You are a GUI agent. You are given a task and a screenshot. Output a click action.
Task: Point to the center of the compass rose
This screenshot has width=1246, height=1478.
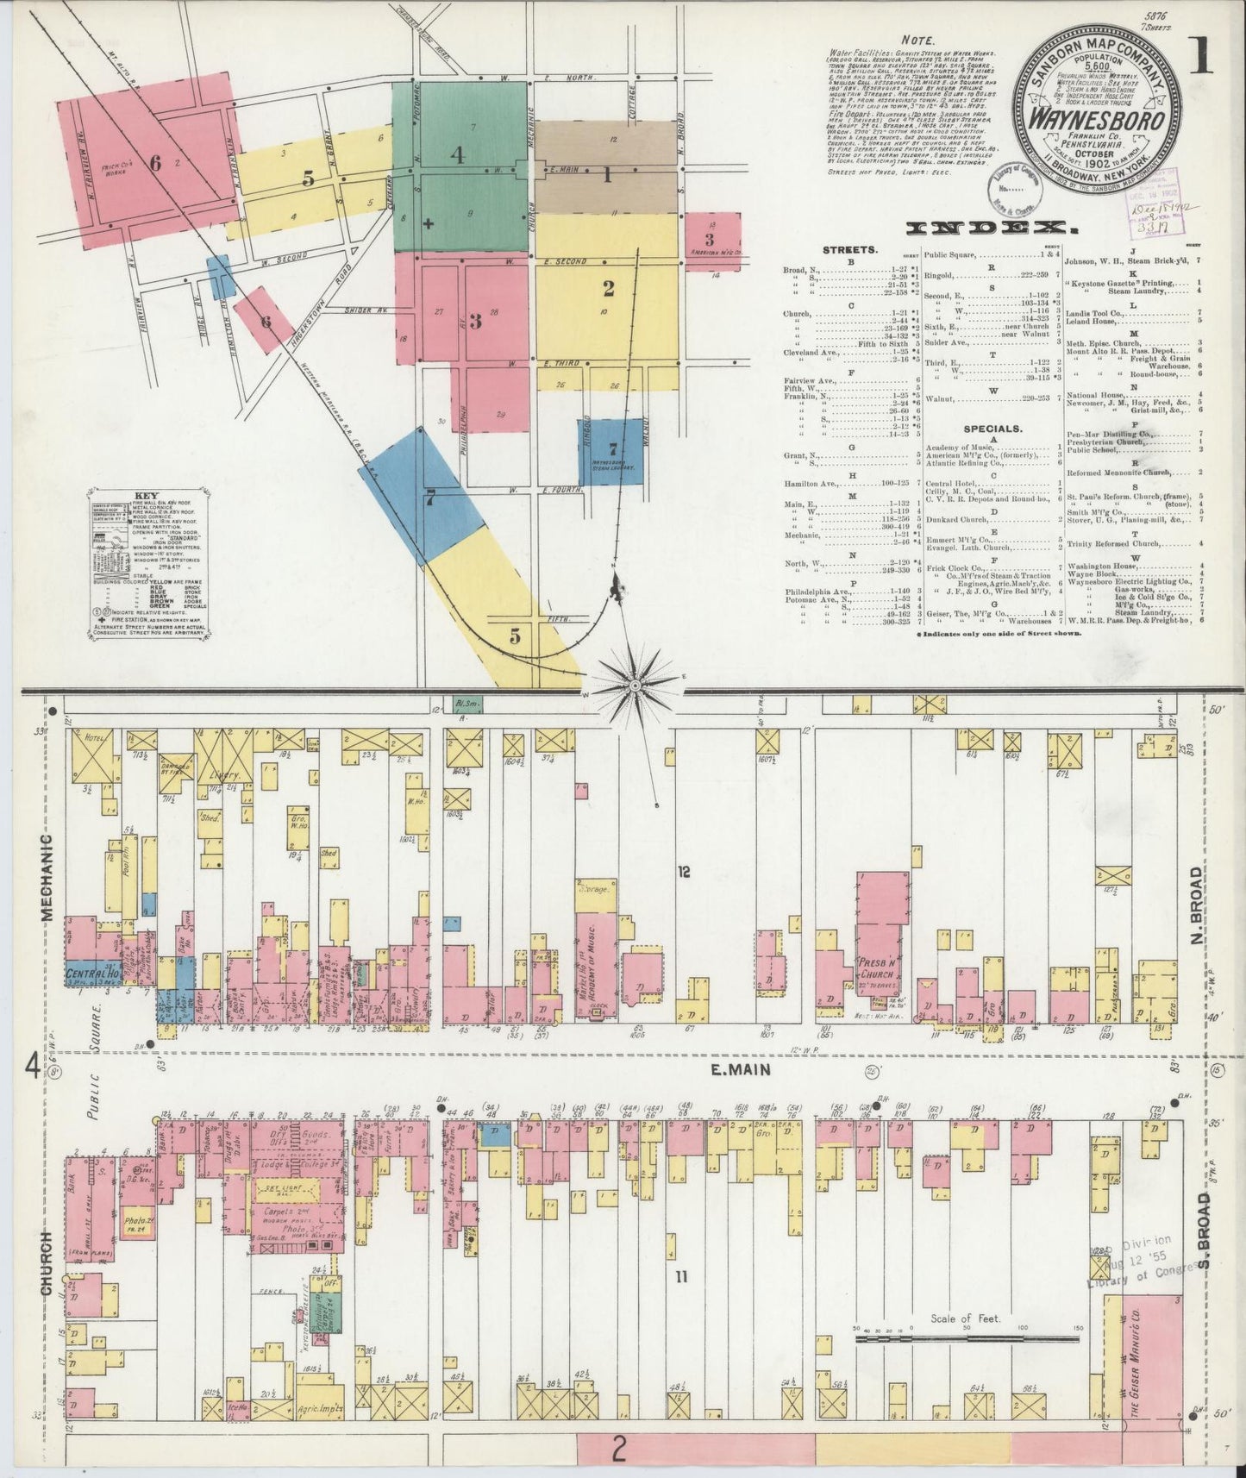(636, 686)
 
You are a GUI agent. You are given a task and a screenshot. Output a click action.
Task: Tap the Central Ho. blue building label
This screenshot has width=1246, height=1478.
(91, 974)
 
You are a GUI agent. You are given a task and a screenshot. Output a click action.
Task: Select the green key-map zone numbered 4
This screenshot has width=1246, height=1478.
(457, 155)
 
